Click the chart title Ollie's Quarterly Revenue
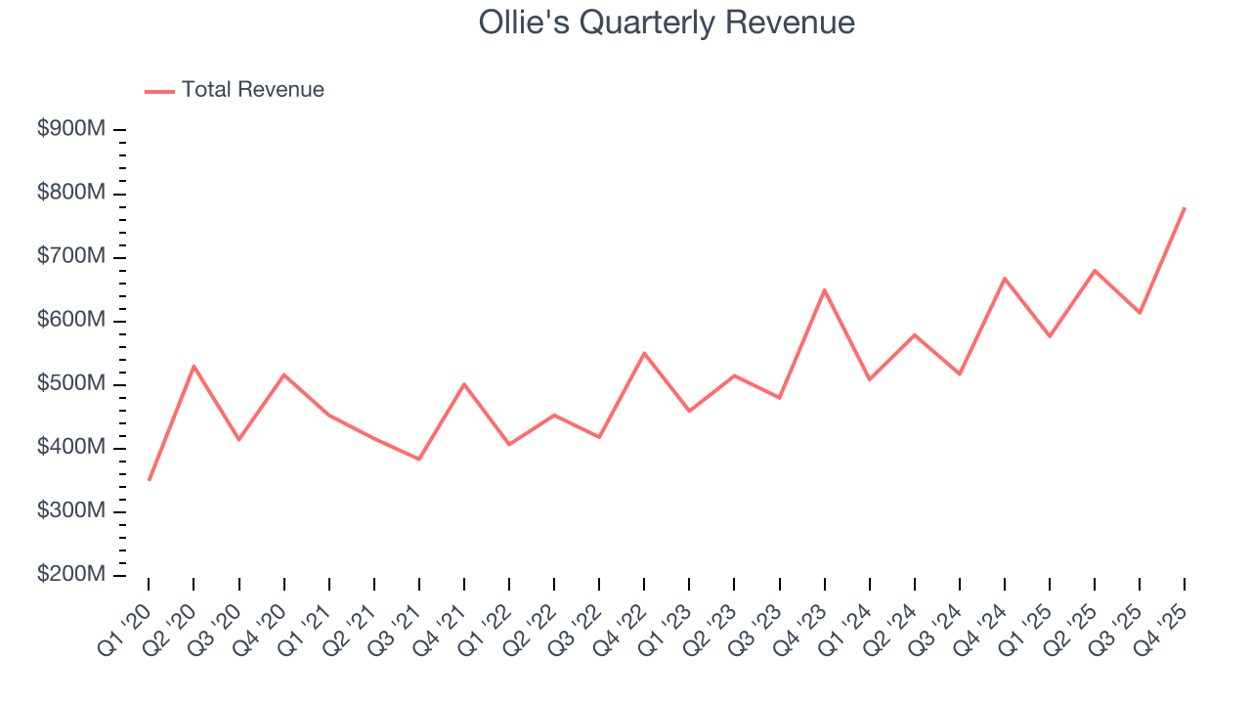pyautogui.click(x=667, y=22)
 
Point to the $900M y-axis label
pyautogui.click(x=70, y=130)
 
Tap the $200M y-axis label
pyautogui.click(x=70, y=575)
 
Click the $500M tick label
pyautogui.click(x=70, y=384)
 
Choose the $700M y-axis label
pyautogui.click(x=70, y=257)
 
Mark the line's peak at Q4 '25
pyautogui.click(x=1185, y=207)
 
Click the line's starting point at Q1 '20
pyautogui.click(x=149, y=480)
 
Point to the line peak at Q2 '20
pyautogui.click(x=194, y=366)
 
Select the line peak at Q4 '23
pyautogui.click(x=824, y=289)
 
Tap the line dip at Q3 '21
pyautogui.click(x=419, y=459)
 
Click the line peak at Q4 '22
pyautogui.click(x=644, y=353)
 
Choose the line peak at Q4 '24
pyautogui.click(x=1005, y=279)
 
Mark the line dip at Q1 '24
pyautogui.click(x=869, y=379)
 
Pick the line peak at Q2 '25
pyautogui.click(x=1095, y=270)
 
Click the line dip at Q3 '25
pyautogui.click(x=1140, y=313)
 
